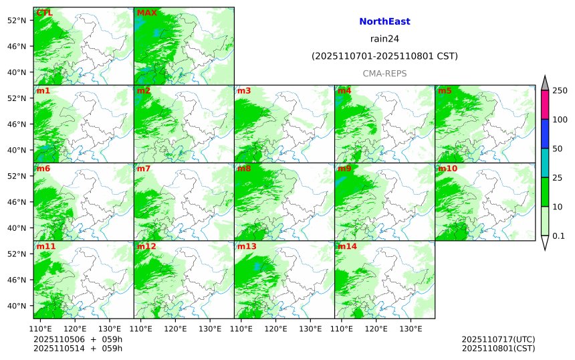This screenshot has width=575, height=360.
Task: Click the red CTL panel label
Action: click(44, 13)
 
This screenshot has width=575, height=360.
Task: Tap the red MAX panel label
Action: click(146, 13)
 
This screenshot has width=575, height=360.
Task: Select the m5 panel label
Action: click(445, 90)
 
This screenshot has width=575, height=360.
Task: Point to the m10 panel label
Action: click(447, 168)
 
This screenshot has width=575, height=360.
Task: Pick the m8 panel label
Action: click(244, 168)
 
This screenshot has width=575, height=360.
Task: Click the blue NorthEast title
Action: click(384, 21)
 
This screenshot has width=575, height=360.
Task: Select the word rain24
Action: click(384, 39)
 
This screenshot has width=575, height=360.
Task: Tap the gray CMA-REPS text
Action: click(384, 74)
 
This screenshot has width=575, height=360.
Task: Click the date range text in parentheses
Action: click(384, 56)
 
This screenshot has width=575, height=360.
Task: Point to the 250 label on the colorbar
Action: click(560, 90)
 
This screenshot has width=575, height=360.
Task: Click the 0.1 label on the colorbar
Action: click(558, 236)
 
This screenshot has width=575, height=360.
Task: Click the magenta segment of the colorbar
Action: click(545, 104)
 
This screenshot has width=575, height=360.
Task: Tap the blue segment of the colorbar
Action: click(545, 134)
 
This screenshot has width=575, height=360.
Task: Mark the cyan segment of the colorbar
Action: click(545, 163)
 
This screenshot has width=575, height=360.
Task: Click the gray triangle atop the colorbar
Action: click(545, 83)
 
